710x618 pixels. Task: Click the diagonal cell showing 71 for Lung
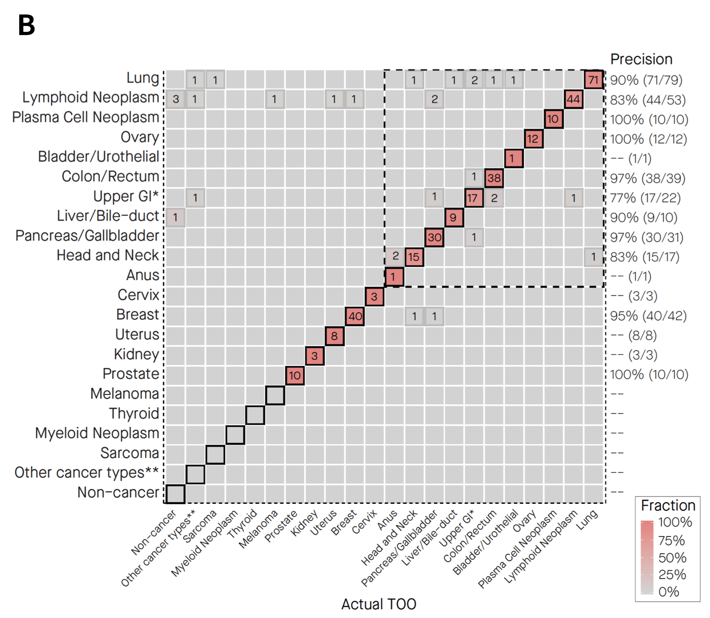coord(593,80)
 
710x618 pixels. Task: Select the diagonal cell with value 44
coord(573,99)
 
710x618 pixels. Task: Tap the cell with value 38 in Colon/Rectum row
coord(494,178)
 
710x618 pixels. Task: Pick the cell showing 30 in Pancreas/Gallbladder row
coord(434,237)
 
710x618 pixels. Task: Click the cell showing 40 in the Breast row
coord(355,316)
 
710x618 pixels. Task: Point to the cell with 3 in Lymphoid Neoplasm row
coord(176,99)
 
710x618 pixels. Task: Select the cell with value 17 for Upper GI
coord(473,198)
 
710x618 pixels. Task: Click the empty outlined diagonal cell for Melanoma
coord(275,395)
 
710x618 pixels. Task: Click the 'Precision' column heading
coord(641,59)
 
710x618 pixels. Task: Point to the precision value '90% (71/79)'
coord(646,80)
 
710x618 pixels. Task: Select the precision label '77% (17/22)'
coord(645,198)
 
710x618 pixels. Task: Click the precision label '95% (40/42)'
coord(648,316)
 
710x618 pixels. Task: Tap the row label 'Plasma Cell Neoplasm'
coord(86,117)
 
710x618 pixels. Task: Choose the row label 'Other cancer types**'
coord(86,472)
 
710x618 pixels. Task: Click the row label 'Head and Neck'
coord(108,256)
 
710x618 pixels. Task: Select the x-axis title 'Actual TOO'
coord(379,604)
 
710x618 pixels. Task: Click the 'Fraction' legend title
coord(668,506)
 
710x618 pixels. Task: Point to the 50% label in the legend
coord(672,558)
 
